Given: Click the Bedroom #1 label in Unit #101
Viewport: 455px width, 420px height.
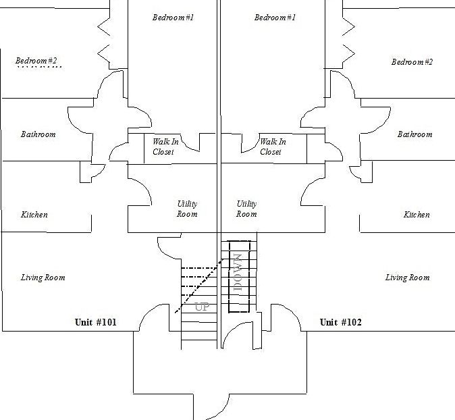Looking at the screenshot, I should [173, 17].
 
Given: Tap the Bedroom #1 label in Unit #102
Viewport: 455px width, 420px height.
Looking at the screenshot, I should [275, 17].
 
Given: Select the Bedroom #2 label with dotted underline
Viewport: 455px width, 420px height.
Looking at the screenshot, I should [36, 61].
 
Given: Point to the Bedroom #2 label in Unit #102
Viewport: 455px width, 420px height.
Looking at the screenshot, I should [412, 62].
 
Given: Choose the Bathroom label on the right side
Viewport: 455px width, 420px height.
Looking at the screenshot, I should [414, 134].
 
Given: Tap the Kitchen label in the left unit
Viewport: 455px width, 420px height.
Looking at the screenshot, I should [34, 215].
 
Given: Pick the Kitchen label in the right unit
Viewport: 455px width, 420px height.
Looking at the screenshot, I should [417, 215].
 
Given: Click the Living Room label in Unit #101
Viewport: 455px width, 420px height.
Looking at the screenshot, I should [43, 278].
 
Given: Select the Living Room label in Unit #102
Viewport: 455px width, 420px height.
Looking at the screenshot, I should [407, 278].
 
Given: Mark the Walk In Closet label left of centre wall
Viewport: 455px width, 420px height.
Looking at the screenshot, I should [163, 147].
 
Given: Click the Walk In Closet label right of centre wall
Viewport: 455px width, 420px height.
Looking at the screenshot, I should [273, 147].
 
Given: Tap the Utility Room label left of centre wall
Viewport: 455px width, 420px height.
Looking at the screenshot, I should [187, 209].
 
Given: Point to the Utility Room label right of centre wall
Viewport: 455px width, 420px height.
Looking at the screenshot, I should [246, 209].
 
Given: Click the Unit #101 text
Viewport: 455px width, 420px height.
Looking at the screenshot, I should [95, 323].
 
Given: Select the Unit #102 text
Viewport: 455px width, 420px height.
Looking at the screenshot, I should [340, 323].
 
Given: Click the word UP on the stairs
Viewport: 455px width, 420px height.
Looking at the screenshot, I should [202, 307].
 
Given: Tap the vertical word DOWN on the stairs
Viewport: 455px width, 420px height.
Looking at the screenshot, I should [237, 272].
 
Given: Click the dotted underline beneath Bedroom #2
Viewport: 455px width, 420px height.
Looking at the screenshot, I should [39, 68].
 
